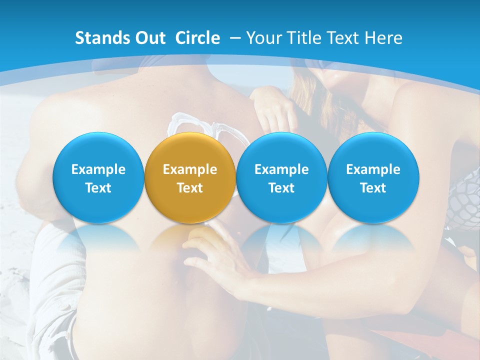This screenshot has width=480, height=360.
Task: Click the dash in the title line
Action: tap(234, 38)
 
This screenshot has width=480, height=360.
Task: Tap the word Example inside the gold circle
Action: tap(190, 169)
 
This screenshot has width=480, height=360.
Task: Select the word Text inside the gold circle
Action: tap(190, 188)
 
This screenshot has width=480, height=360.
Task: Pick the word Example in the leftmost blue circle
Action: tap(98, 169)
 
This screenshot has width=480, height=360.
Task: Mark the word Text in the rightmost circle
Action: tap(373, 188)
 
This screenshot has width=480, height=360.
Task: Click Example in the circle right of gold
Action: tap(281, 169)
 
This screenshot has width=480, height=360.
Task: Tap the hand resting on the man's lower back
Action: tap(220, 255)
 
